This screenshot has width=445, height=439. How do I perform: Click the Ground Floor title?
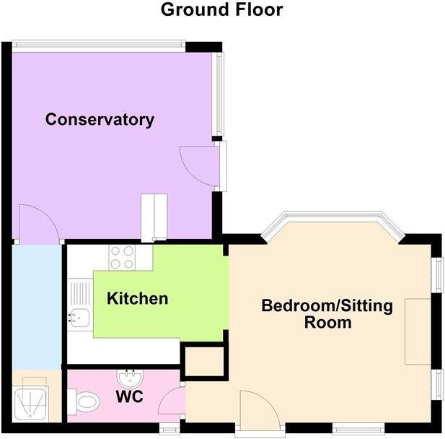point(221,9)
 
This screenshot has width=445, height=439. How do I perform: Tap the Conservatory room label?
point(100,120)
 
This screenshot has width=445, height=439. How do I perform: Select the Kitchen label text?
point(138,298)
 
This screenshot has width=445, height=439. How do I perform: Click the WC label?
point(129,396)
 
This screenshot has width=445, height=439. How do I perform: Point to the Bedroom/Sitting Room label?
point(327,313)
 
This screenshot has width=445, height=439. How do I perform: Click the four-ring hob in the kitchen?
point(123,256)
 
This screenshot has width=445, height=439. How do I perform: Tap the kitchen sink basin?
point(79,316)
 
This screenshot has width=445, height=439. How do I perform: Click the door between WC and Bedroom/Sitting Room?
point(174,401)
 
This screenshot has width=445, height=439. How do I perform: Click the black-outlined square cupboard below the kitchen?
point(203,362)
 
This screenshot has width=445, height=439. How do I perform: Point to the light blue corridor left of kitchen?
point(36,307)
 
